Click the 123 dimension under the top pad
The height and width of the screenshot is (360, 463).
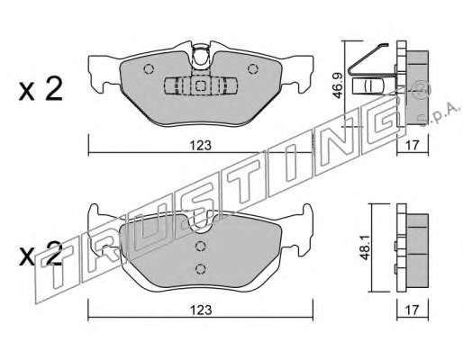201,146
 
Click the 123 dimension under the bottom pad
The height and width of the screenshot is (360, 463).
201,310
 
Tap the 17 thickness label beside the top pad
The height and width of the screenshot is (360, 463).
412,146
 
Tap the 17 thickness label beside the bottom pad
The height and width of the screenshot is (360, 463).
412,310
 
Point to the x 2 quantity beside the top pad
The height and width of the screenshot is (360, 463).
41,89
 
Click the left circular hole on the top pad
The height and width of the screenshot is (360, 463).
149,69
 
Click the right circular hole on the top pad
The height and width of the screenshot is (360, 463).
253,69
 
